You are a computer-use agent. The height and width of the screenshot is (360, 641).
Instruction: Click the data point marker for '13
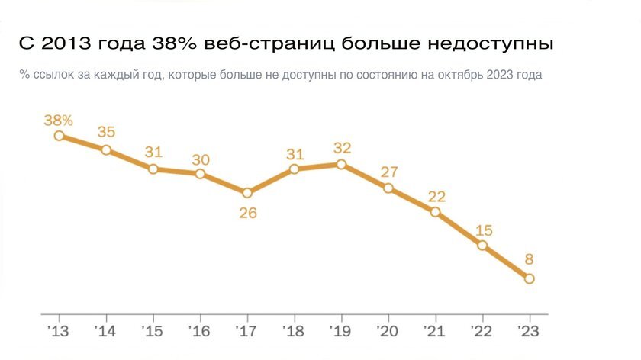(x=59, y=136)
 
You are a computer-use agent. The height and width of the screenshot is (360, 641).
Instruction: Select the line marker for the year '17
(x=247, y=193)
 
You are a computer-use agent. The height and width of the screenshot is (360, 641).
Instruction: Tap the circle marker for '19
(x=341, y=164)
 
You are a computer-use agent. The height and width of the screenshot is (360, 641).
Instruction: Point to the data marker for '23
(x=530, y=278)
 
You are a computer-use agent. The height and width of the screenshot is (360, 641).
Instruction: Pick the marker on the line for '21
(x=436, y=212)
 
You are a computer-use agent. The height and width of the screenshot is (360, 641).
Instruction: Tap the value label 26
(x=247, y=213)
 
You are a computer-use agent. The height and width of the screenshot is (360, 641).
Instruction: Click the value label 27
(x=388, y=171)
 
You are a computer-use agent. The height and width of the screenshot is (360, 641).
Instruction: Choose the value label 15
(x=482, y=229)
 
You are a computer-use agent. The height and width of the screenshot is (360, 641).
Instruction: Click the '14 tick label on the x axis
(x=105, y=333)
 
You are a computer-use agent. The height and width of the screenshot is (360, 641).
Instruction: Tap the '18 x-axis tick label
(x=293, y=333)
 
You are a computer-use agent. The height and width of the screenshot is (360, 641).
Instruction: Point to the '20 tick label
(x=387, y=333)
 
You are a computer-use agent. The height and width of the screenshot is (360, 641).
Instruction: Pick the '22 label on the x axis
(x=481, y=333)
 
